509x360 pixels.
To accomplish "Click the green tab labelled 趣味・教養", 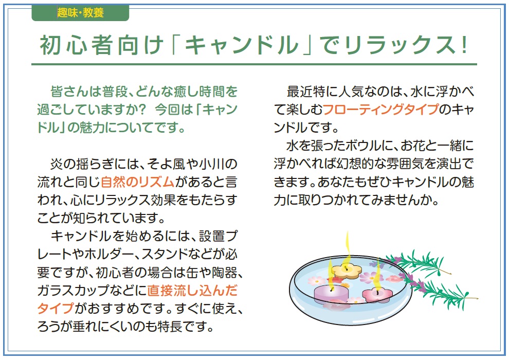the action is (80, 13).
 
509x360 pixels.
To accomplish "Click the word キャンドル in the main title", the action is (241, 45).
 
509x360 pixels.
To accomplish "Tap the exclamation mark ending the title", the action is (465, 45).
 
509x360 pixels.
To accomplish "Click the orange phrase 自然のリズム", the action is (138, 182).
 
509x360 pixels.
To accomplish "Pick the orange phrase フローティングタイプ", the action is (381, 110).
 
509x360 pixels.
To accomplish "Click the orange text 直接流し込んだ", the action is (192, 291).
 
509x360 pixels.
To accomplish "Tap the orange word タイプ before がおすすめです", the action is (56, 309).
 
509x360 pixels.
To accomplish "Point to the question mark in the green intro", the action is (142, 110).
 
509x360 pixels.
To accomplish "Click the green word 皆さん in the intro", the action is (69, 92).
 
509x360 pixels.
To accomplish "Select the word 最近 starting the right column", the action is (299, 92).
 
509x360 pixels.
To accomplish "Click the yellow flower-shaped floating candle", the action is (347, 271).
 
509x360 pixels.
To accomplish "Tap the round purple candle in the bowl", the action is (331, 293).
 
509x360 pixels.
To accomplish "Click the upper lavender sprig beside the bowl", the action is (419, 262).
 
